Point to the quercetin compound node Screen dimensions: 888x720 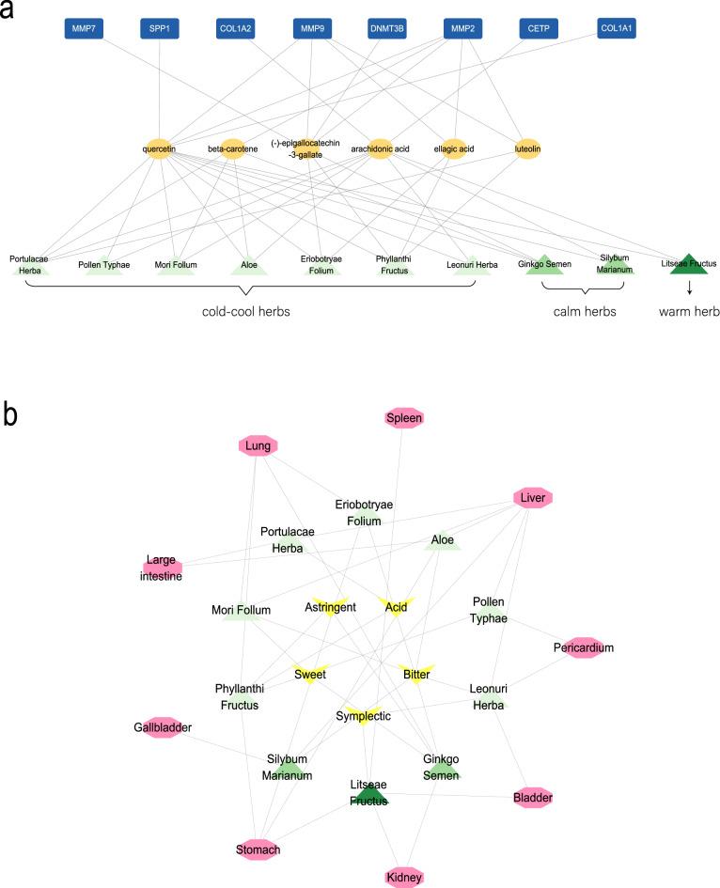tap(160, 148)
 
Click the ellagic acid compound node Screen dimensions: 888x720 tap(454, 148)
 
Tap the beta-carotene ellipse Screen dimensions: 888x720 tap(232, 148)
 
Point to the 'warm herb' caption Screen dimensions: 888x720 tap(688, 311)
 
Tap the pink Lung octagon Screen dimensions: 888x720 tap(258, 446)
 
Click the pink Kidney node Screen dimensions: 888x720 tap(405, 877)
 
